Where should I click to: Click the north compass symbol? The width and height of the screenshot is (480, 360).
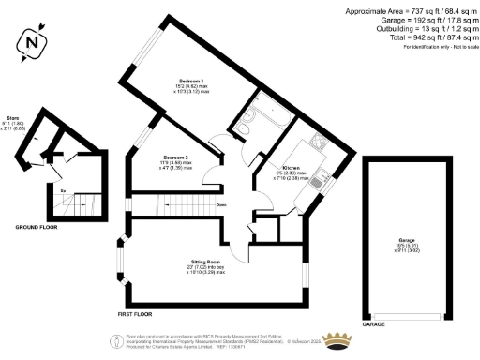33,41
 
